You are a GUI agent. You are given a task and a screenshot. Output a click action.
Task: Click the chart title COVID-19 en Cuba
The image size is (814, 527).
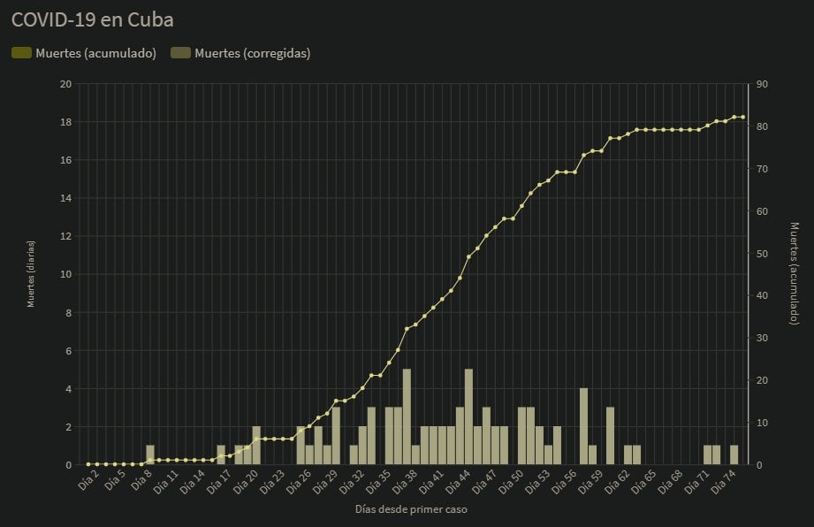tap(92, 19)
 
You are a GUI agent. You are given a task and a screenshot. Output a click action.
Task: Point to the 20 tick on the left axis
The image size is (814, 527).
tap(65, 84)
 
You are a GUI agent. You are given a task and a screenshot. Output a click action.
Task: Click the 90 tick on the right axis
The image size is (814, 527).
tap(762, 84)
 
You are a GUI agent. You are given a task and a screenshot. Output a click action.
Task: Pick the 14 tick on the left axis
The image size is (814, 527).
tap(65, 198)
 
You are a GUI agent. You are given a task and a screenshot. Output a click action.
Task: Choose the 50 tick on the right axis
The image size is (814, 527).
tap(762, 254)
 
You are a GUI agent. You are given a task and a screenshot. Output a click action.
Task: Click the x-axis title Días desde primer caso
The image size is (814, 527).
tap(411, 510)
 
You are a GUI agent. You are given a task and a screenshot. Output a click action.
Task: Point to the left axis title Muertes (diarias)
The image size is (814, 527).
tap(32, 274)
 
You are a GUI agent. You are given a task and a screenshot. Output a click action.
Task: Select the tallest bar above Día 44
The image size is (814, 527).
tap(468, 416)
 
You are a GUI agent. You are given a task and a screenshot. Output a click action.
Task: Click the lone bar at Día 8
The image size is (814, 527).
tap(150, 454)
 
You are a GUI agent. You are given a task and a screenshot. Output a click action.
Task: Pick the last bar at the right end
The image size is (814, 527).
tap(734, 454)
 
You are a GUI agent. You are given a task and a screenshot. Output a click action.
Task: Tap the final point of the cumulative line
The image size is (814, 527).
tap(742, 117)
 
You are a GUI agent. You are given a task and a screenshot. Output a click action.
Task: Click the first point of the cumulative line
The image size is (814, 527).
tap(88, 463)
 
